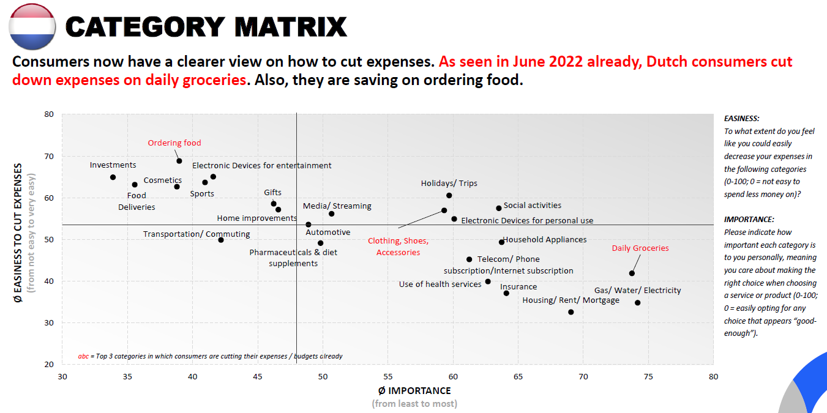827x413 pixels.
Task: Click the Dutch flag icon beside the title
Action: click(x=32, y=26)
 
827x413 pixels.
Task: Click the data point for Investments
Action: click(x=113, y=177)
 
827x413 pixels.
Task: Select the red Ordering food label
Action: click(x=174, y=143)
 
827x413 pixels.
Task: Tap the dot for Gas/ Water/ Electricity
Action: click(x=637, y=303)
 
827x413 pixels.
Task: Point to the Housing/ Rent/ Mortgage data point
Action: click(x=571, y=312)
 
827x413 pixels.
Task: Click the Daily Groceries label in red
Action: click(x=640, y=248)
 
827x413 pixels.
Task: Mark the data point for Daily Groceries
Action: click(x=632, y=273)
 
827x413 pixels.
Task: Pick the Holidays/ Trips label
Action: click(x=449, y=184)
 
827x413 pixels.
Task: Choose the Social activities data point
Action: click(x=499, y=209)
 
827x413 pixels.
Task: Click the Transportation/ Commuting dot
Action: click(x=221, y=240)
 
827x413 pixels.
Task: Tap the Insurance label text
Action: click(x=518, y=287)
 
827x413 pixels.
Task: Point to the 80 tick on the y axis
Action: click(x=49, y=114)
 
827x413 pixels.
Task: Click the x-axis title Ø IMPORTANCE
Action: click(x=414, y=391)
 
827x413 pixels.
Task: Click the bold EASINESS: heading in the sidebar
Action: click(x=741, y=119)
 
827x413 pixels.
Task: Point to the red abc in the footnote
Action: click(x=83, y=356)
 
